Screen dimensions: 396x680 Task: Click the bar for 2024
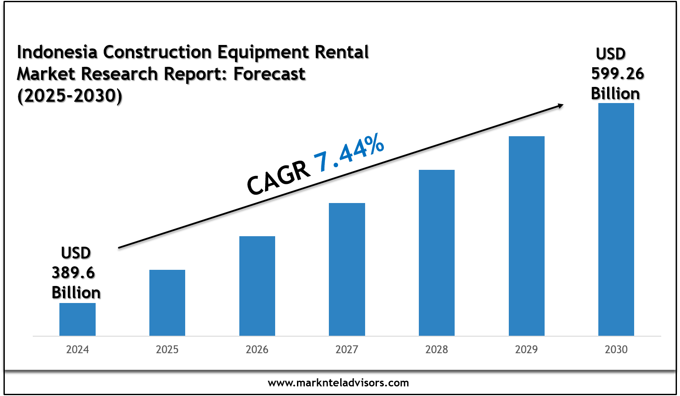click(x=77, y=319)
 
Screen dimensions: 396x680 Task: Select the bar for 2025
click(x=167, y=303)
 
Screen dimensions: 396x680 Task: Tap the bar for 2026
click(x=257, y=286)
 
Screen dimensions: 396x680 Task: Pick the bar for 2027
click(x=347, y=269)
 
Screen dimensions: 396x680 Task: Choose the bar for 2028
click(x=437, y=253)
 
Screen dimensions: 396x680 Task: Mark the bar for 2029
click(x=527, y=236)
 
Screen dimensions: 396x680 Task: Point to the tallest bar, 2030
click(x=616, y=219)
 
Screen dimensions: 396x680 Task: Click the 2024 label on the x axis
click(x=77, y=350)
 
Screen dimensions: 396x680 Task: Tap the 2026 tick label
click(x=257, y=350)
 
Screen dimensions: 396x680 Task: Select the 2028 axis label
click(x=437, y=350)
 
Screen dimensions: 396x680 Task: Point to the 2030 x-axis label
click(x=616, y=350)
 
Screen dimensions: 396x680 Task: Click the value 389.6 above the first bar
click(x=73, y=273)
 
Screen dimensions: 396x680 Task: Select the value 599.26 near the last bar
click(x=618, y=74)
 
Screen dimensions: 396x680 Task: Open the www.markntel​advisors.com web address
click(x=338, y=383)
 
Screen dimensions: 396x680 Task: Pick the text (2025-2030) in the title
click(x=70, y=96)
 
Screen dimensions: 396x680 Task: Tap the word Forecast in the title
click(x=269, y=74)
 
